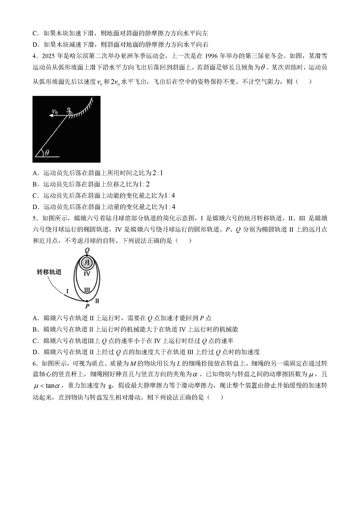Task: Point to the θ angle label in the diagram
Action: (x=47, y=152)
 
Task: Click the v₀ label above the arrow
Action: (x=55, y=112)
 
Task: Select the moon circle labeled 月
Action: (x=87, y=263)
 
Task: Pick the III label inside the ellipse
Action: (x=87, y=290)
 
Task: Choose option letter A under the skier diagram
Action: (x=35, y=173)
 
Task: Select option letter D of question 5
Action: (x=35, y=352)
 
